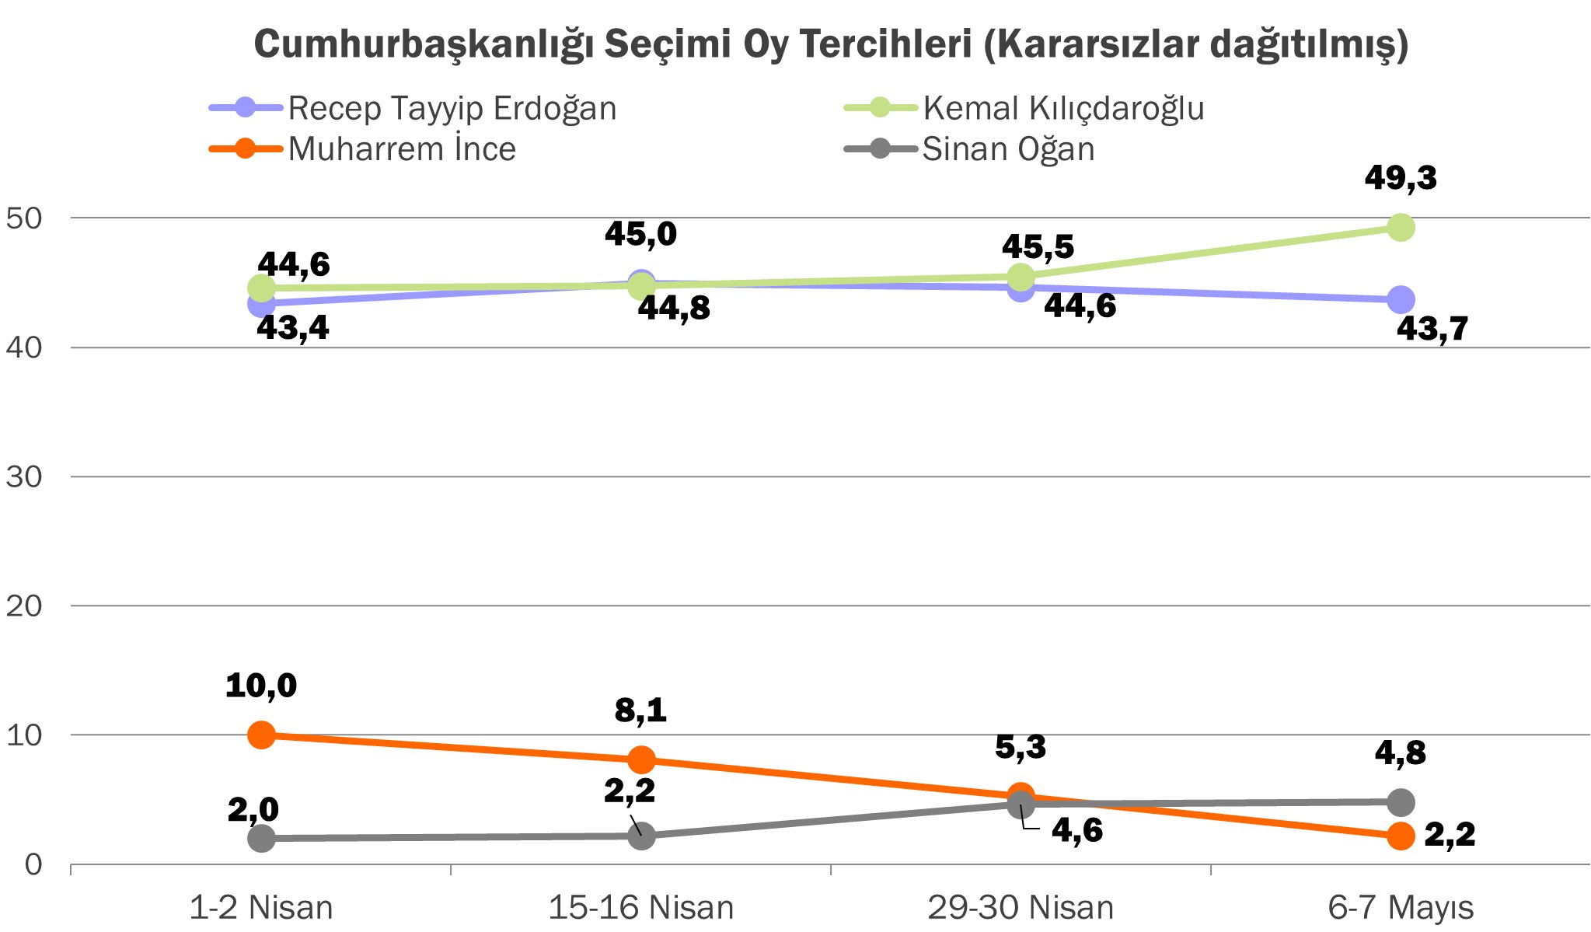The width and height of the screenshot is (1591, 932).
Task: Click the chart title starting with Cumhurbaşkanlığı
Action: (831, 44)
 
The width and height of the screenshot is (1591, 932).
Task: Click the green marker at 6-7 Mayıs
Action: (1400, 228)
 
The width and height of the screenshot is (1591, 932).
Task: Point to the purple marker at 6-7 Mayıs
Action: (1400, 299)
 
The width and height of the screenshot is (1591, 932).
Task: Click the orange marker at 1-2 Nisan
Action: (262, 735)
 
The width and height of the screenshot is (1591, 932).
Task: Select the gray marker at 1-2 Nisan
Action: (262, 838)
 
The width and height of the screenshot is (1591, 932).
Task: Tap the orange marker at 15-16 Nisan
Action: (641, 759)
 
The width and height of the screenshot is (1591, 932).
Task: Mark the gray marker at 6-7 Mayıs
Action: (1400, 802)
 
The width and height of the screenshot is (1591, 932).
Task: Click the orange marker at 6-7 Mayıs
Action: (1400, 836)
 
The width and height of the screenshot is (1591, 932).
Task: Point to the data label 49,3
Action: (1401, 179)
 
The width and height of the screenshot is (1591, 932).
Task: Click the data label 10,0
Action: (261, 686)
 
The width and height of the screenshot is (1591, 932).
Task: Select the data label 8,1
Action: (640, 710)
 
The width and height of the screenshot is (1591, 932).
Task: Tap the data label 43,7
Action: (1432, 329)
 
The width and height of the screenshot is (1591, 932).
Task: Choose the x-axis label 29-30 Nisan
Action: (1021, 907)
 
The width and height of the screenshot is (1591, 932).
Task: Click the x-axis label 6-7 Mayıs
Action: (1400, 907)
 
